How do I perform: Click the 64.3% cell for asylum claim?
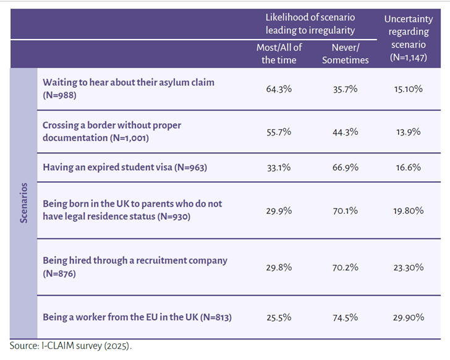click(279, 89)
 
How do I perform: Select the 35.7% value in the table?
click(346, 89)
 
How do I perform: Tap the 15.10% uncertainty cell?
click(409, 89)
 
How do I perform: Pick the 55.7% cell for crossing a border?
click(279, 132)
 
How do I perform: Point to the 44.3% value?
click(346, 132)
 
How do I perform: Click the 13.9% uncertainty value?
click(409, 132)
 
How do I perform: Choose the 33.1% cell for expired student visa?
click(279, 167)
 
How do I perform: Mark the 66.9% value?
click(346, 167)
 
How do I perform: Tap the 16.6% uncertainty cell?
click(409, 167)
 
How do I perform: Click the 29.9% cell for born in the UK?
click(279, 210)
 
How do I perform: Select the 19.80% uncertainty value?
click(409, 210)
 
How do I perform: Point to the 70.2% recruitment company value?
click(346, 267)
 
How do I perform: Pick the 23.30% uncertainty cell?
click(409, 267)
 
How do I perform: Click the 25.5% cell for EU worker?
click(279, 317)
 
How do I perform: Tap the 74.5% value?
click(346, 317)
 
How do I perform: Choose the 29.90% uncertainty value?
click(409, 317)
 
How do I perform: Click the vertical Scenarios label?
click(23, 203)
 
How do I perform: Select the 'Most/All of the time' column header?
click(279, 54)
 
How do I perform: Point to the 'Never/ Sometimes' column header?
click(346, 54)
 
